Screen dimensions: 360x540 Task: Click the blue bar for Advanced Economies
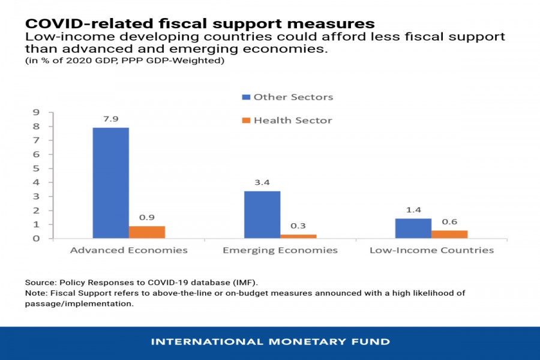pyautogui.click(x=110, y=183)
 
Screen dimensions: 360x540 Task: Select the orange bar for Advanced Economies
pyautogui.click(x=147, y=232)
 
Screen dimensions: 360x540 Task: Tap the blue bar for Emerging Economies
pyautogui.click(x=262, y=215)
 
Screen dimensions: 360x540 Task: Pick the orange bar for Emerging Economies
pyautogui.click(x=298, y=236)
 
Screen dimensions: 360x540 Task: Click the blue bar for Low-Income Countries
pyautogui.click(x=413, y=229)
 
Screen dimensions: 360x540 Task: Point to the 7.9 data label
pyautogui.click(x=110, y=119)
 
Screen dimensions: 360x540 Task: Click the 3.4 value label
pyautogui.click(x=262, y=182)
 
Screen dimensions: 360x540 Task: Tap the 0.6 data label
pyautogui.click(x=449, y=221)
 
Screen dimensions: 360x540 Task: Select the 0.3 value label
pyautogui.click(x=298, y=226)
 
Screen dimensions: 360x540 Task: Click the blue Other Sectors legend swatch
pyautogui.click(x=245, y=97)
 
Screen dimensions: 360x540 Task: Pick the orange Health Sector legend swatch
pyautogui.click(x=245, y=121)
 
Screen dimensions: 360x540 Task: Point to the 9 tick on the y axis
pyautogui.click(x=36, y=112)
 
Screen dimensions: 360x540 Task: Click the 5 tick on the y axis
pyautogui.click(x=36, y=169)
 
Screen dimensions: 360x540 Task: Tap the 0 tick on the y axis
pyautogui.click(x=36, y=239)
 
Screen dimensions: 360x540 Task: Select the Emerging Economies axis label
pyautogui.click(x=280, y=250)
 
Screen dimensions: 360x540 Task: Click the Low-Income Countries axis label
pyautogui.click(x=431, y=250)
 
